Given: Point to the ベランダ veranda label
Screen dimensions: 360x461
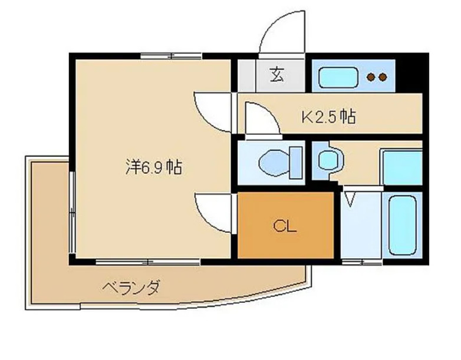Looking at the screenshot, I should coord(131,289).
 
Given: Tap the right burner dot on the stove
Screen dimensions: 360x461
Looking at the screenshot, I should coord(383,77).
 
